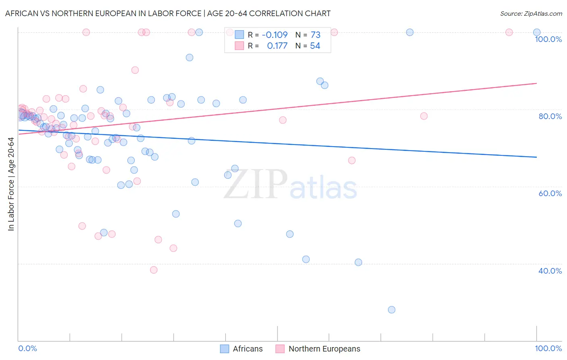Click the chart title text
pos(168,13)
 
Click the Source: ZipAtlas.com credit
pos(531,13)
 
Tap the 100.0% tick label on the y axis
pos(548,39)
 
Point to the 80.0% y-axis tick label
pos(550,116)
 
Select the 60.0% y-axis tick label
pos(550,193)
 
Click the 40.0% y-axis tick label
pos(550,271)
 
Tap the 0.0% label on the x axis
pos(27,348)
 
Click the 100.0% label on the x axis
pos(548,348)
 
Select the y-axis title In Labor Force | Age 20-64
pos(11,184)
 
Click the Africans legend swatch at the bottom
pos(225,349)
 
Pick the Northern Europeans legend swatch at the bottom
pos(280,349)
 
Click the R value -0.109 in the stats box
pos(275,35)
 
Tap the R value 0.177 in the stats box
pos(277,46)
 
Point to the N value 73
pos(315,35)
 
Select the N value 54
pos(315,46)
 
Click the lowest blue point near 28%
pos(392,310)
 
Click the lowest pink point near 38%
pos(154,270)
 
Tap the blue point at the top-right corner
pos(537,32)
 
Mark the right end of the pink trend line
pos(536,83)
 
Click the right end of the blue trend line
pos(536,157)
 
